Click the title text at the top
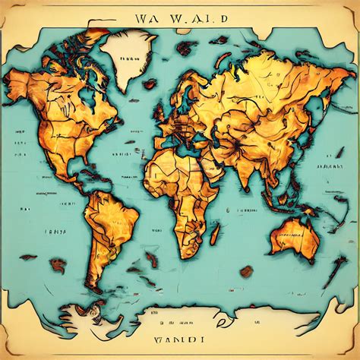coord(179,17)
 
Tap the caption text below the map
coord(179,333)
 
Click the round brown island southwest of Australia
coord(246,270)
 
